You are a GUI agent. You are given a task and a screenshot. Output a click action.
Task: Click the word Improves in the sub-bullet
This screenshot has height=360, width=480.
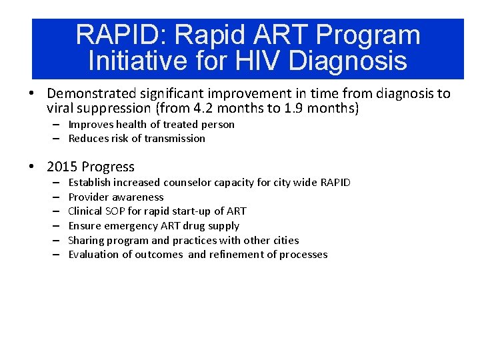click(89, 125)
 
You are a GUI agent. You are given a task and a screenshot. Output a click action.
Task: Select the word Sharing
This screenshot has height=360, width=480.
click(87, 240)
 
